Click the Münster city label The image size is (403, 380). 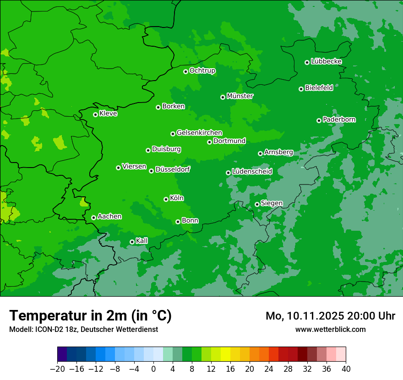coord(240,96)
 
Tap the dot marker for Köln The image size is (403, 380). coord(166,199)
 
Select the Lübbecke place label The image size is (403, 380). coord(326,61)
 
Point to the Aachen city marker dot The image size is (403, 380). coord(93,217)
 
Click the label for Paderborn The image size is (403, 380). coord(339,119)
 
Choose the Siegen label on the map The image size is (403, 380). coord(272,203)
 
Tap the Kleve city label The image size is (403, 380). coord(108,114)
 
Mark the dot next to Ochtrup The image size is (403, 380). coord(185,71)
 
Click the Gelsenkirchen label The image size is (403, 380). coord(199,133)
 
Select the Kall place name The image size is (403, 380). coord(142,241)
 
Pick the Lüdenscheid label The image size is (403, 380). coord(252,172)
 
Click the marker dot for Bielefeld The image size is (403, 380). coord(301,89)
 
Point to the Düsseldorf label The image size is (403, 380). coord(173,169)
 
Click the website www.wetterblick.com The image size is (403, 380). coord(330,329)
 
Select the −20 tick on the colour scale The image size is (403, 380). coord(57,369)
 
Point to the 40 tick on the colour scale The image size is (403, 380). coord(346,369)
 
